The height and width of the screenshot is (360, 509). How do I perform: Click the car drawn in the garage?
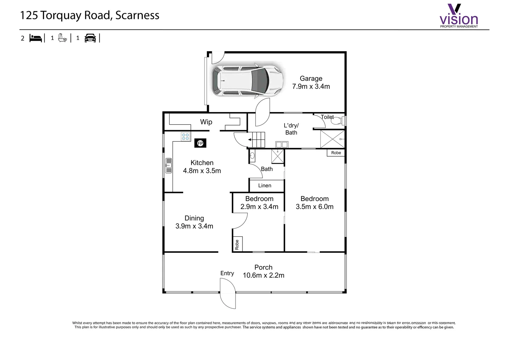tap(248, 81)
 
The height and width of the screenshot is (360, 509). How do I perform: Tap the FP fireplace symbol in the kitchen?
tap(200, 143)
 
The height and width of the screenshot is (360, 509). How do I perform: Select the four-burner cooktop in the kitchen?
tap(186, 137)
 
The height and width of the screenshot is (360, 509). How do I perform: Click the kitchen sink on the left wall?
tap(169, 166)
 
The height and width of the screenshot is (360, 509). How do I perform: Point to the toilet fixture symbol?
tap(337, 121)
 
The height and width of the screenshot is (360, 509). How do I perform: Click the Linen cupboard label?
tap(265, 186)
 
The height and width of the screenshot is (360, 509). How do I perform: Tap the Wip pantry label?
tap(206, 122)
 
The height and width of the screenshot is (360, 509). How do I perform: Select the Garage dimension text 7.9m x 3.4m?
tap(311, 87)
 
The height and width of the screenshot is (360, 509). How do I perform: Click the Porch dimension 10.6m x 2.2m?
tap(263, 275)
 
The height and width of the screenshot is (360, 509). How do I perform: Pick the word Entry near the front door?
tap(227, 273)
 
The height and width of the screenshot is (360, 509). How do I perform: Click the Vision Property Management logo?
tap(459, 16)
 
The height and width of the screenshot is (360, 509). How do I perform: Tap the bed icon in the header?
tap(36, 38)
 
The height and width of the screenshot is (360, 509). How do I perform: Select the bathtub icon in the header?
tap(62, 38)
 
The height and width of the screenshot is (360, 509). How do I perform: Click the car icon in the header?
tap(90, 38)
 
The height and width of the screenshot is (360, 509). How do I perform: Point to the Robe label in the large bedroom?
tap(336, 153)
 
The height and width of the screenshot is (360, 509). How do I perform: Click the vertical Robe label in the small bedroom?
tap(237, 244)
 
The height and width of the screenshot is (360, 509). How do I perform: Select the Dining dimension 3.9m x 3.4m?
tap(194, 226)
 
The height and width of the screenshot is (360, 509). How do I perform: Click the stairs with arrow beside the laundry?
tap(257, 140)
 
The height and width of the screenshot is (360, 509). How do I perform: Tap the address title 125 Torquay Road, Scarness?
tap(90, 15)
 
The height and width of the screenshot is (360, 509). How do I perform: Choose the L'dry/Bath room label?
tap(291, 129)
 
